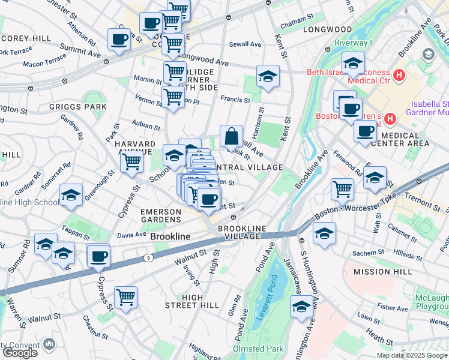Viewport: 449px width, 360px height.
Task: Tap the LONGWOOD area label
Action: point(327,29)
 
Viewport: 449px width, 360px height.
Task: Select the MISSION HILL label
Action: point(383,272)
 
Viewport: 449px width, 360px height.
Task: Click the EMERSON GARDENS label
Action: point(161,216)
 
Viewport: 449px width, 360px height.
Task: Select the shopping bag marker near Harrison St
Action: point(231,137)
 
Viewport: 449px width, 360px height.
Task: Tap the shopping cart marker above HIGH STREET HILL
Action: point(125,298)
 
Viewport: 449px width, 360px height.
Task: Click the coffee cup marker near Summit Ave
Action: point(119,40)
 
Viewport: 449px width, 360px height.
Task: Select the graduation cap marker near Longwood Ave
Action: point(268,76)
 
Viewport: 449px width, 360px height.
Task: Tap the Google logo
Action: point(20,352)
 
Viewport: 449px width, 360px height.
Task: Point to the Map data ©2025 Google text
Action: point(412,356)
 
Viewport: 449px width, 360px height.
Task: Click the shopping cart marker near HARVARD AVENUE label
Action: point(131,161)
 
